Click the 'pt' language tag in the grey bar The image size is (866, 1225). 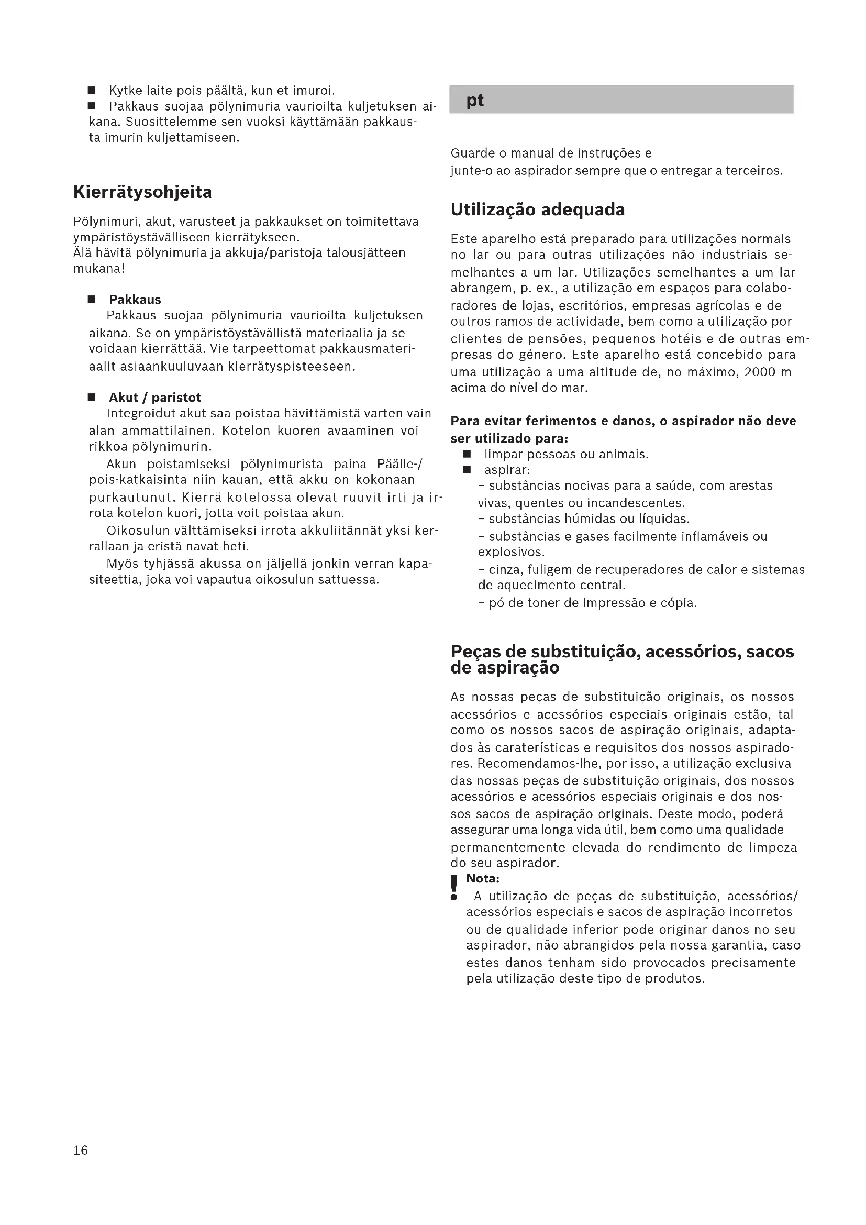tap(474, 101)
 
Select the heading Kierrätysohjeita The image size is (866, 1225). tap(142, 192)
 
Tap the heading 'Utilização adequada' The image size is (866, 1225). tap(538, 209)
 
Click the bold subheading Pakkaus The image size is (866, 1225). tap(135, 300)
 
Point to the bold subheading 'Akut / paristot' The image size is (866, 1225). tap(154, 398)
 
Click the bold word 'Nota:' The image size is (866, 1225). tap(483, 879)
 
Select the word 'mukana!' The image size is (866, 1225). tap(98, 268)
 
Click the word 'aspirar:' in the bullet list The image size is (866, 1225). tap(507, 470)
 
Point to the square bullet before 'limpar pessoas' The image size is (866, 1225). tap(467, 455)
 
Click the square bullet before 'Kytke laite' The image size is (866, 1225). tap(92, 90)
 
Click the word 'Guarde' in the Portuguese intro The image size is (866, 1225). tap(473, 153)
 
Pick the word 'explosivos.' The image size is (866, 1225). tap(511, 552)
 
